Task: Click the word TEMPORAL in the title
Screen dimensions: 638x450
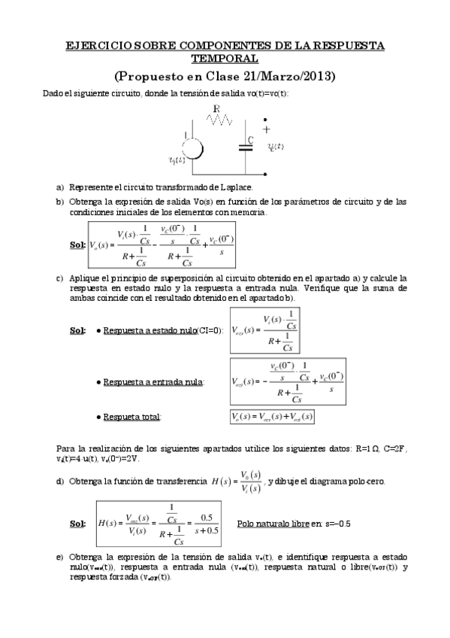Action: point(225,58)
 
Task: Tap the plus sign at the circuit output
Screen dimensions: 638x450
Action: point(267,129)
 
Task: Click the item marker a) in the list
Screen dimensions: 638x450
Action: point(60,187)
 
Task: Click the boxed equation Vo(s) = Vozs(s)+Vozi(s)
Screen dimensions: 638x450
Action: point(272,416)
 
